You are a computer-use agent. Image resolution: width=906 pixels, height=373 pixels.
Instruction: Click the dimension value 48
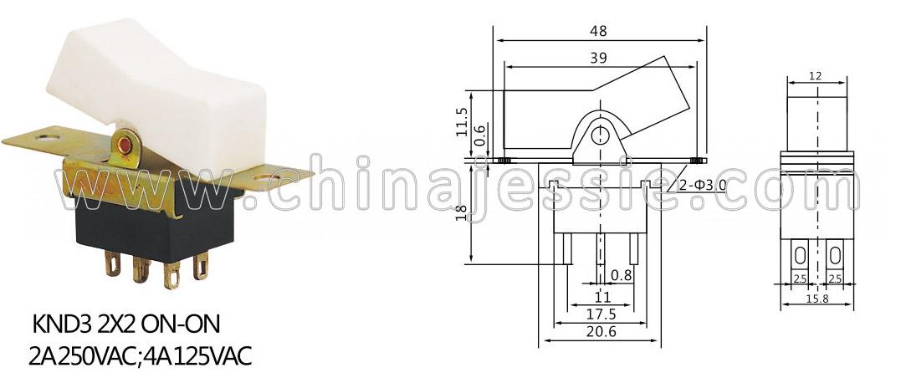coord(599,31)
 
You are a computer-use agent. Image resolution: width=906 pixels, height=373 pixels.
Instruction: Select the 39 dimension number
coord(599,58)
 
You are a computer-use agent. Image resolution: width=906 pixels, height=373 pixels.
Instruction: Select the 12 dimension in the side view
coord(816,75)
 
